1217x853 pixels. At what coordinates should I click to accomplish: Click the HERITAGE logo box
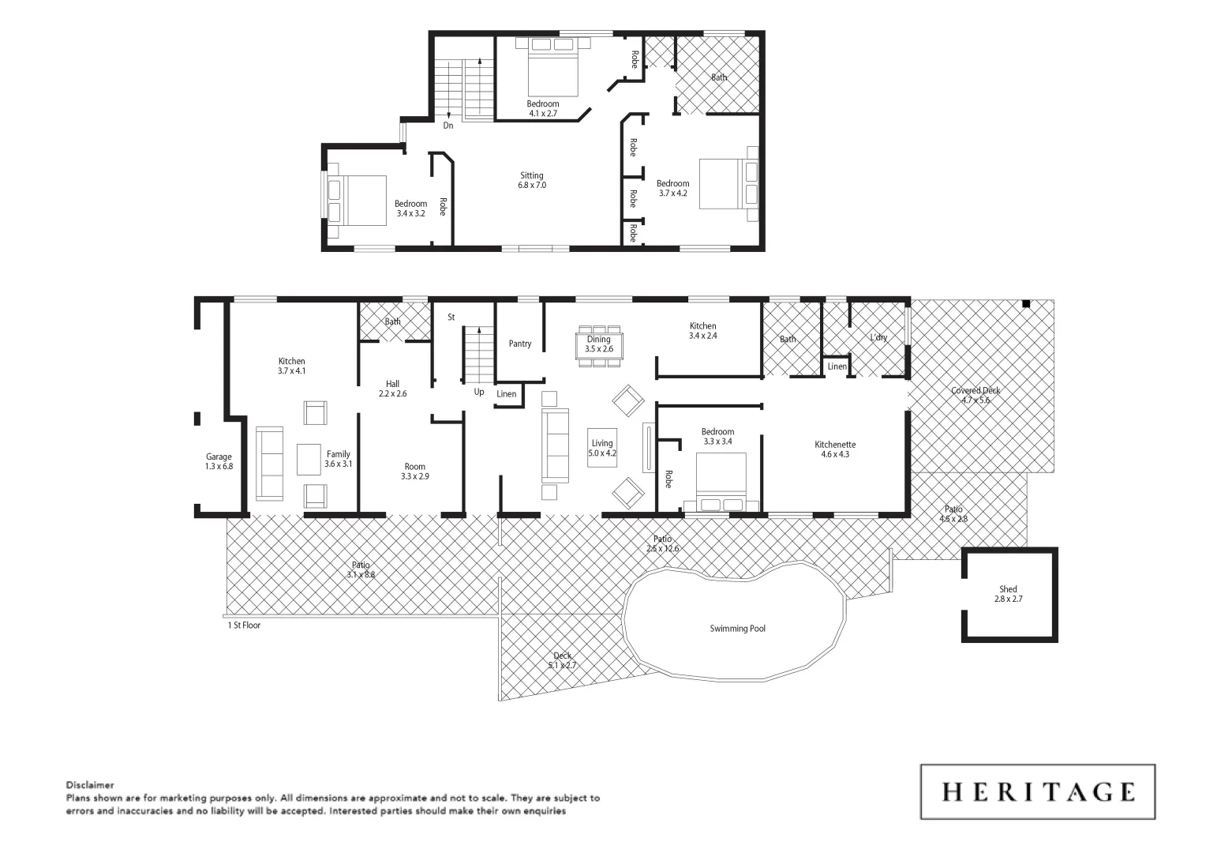pos(1037,791)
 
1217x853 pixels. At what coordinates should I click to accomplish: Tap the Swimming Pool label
pos(737,629)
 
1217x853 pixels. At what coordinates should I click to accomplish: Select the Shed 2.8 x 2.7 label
pos(1008,594)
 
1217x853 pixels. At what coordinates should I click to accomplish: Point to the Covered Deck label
pos(975,395)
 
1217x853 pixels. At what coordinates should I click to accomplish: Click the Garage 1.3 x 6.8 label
pos(219,461)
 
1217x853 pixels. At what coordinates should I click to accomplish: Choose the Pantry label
pos(520,344)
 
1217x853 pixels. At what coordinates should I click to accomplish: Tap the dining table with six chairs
pos(599,345)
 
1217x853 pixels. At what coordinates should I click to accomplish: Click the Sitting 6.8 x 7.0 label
pos(531,180)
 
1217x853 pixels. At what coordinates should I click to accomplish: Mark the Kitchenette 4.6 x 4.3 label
pos(835,449)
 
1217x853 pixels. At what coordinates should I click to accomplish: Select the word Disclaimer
pos(90,785)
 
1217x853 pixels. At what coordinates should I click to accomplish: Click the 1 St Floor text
pos(244,625)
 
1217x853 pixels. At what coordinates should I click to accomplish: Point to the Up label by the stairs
pos(479,392)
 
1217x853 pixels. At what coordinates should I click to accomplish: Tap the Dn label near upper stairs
pos(448,126)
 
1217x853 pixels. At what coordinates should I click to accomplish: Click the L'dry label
pos(878,337)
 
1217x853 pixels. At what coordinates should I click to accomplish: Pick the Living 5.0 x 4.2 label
pos(602,448)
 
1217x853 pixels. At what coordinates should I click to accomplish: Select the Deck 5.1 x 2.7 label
pos(562,660)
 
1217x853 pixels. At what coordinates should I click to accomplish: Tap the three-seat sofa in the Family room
pos(270,464)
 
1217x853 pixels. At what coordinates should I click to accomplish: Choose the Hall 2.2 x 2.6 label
pos(392,389)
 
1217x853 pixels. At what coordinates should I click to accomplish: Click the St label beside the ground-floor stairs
pos(451,317)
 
